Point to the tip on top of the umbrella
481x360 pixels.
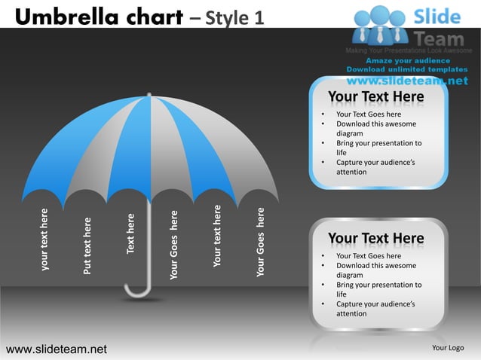click(x=150, y=96)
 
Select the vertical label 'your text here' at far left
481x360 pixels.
click(x=45, y=239)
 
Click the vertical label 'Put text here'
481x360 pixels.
click(x=87, y=246)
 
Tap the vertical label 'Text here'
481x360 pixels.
click(x=130, y=233)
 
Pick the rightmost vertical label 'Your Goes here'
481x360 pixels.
click(x=261, y=242)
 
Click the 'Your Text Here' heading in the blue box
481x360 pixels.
click(x=375, y=97)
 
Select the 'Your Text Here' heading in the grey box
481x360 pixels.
click(x=375, y=239)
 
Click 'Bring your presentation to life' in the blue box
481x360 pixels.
click(x=378, y=148)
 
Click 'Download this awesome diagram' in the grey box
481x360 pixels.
click(x=375, y=270)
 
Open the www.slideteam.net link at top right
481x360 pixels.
click(x=407, y=80)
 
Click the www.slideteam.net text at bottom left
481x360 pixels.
click(x=57, y=349)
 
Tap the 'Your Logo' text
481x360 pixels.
click(x=447, y=348)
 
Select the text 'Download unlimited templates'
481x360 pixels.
click(x=407, y=69)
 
